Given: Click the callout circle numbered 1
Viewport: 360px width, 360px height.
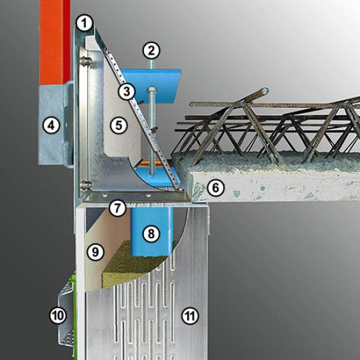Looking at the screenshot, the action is pyautogui.click(x=84, y=23).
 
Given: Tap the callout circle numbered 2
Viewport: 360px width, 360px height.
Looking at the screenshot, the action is pyautogui.click(x=151, y=51).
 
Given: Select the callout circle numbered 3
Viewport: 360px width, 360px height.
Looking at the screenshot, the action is pyautogui.click(x=127, y=92).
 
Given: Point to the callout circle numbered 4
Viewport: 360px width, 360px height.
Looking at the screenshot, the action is pyautogui.click(x=52, y=126).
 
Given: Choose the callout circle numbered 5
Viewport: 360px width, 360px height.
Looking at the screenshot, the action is pyautogui.click(x=118, y=126).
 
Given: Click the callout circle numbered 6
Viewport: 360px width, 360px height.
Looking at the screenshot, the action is pyautogui.click(x=215, y=188).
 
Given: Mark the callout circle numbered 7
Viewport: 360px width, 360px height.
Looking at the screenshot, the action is pyautogui.click(x=118, y=208).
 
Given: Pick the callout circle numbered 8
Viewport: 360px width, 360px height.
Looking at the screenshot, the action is pyautogui.click(x=151, y=234).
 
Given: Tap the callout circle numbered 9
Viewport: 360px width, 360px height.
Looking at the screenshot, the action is pyautogui.click(x=96, y=252).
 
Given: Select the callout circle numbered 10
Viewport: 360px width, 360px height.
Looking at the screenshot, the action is pyautogui.click(x=58, y=315).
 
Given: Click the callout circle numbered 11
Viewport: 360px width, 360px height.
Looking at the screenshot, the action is pyautogui.click(x=190, y=316).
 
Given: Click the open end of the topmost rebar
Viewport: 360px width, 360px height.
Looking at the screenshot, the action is pyautogui.click(x=264, y=91).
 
